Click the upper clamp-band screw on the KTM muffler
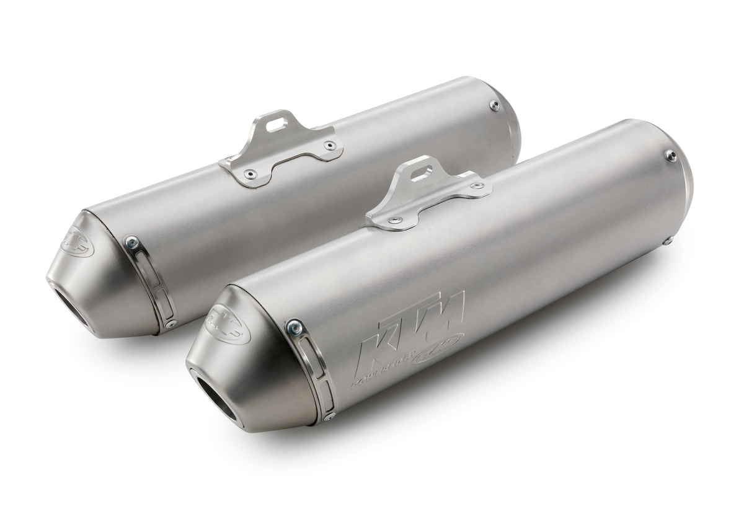click(x=293, y=325)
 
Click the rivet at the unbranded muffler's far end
click(x=494, y=105)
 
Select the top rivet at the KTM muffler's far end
click(x=670, y=155)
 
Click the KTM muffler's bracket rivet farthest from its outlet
click(x=477, y=186)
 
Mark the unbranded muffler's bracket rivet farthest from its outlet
click(x=330, y=146)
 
